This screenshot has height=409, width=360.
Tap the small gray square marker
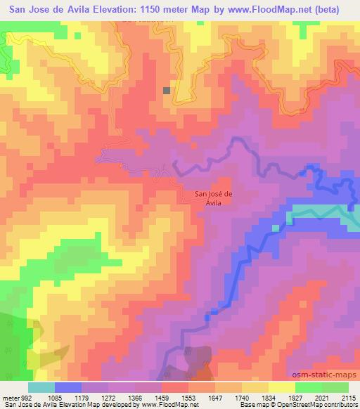167,90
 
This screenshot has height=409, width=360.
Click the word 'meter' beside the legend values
9,398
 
